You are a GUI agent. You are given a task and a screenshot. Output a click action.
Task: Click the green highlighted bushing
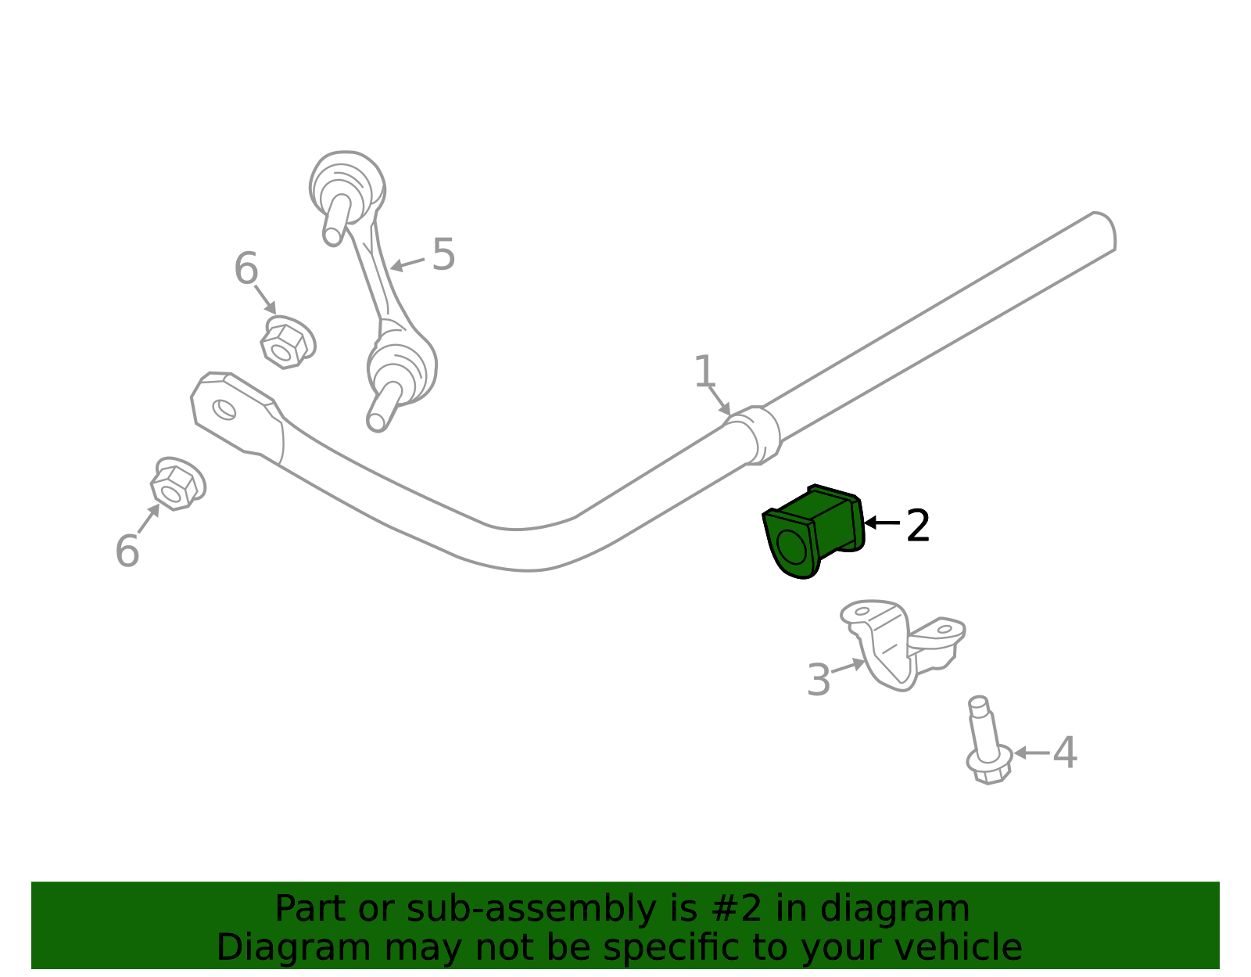tap(814, 532)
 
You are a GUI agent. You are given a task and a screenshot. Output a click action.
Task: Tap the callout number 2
tap(918, 526)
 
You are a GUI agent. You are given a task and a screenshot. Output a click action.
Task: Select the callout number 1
tap(704, 372)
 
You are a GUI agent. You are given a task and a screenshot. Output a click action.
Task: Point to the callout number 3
tap(819, 680)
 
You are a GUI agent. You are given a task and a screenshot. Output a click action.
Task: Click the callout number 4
tap(1065, 753)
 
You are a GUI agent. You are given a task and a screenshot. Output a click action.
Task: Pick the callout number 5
tap(443, 254)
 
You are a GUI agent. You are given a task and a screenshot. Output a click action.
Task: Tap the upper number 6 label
tap(246, 268)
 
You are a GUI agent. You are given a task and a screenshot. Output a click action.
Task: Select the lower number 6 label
tap(127, 551)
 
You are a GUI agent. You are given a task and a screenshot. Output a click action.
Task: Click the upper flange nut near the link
tap(287, 343)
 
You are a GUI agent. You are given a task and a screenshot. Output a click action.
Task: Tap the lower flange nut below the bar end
tap(178, 483)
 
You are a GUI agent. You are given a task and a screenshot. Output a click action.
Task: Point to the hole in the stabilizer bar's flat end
tap(224, 410)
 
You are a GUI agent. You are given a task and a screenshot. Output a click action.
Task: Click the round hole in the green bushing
tap(791, 547)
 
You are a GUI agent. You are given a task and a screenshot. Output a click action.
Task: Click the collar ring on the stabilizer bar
tap(753, 435)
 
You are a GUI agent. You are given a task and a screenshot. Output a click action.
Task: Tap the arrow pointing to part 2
tap(883, 523)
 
